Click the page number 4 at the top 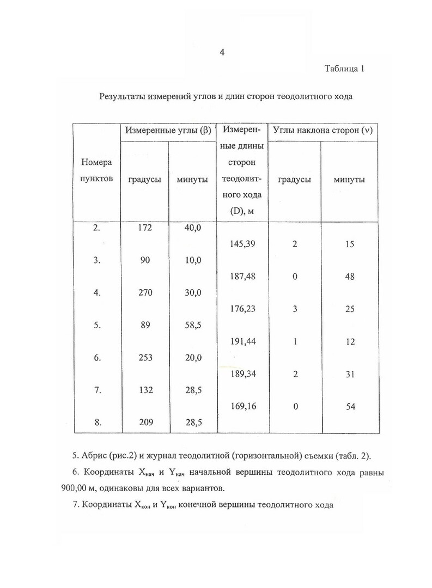pos(222,52)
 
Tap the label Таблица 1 pos(344,69)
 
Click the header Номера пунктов pos(97,170)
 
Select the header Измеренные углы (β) pos(168,131)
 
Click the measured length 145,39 pos(243,244)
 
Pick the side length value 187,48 pos(243,277)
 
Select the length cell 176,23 pos(243,309)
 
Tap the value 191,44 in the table pos(243,341)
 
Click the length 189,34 pos(243,374)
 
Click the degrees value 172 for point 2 pos(144,228)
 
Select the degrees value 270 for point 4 pos(144,292)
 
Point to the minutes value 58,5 pos(193,325)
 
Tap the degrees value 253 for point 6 pos(144,358)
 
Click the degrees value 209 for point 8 pos(144,422)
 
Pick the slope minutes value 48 pos(349,277)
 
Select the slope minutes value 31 pos(349,374)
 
